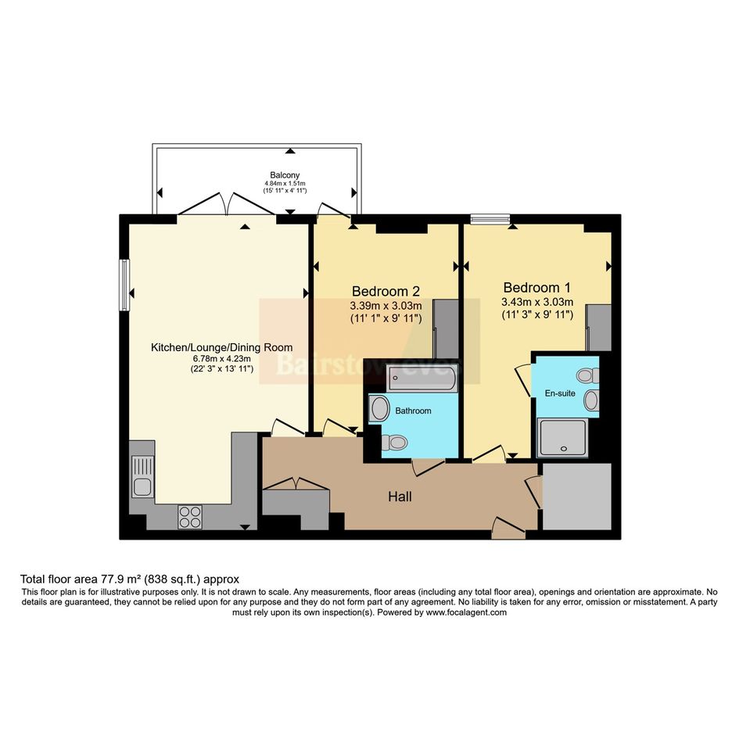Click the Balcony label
[285, 175]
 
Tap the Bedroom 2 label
[386, 291]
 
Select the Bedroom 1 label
[536, 287]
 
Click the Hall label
[400, 497]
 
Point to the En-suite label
[560, 393]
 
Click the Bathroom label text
[413, 411]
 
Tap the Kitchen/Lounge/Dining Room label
[221, 347]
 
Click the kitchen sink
[142, 476]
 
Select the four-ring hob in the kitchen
[190, 517]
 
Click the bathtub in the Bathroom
[422, 378]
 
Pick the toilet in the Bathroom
[394, 443]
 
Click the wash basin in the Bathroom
[379, 408]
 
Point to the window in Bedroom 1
[490, 217]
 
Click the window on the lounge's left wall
[124, 285]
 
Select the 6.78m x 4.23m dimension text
[221, 359]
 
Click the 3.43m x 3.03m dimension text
[537, 302]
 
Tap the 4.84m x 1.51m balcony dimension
[285, 183]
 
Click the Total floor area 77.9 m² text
[91, 579]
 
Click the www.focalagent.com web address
[466, 612]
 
